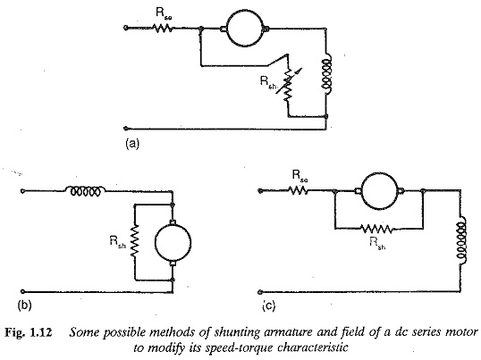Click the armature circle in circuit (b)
(155, 243)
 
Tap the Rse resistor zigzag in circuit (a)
(163, 29)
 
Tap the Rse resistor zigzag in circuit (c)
(298, 191)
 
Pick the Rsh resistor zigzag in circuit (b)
(135, 241)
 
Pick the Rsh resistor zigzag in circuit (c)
(376, 229)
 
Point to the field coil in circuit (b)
(86, 191)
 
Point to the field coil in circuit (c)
(461, 240)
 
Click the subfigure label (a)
(132, 144)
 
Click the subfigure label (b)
(25, 306)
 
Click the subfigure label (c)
(269, 306)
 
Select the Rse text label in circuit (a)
(164, 13)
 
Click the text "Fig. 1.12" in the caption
(29, 333)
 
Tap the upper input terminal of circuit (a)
(125, 28)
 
